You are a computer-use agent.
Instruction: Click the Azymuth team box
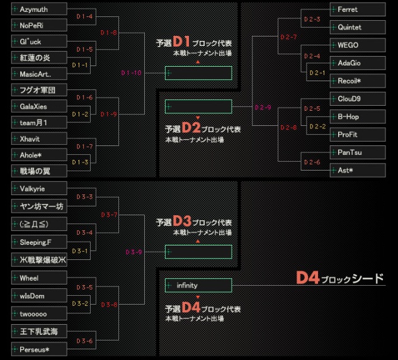point(39,9)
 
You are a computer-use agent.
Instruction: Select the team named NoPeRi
point(39,25)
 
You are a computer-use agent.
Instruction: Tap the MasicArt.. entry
point(39,74)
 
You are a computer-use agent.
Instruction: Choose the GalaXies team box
point(39,106)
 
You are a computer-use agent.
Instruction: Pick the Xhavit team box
point(39,138)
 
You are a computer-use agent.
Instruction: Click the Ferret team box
point(358,9)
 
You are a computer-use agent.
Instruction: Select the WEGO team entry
point(358,45)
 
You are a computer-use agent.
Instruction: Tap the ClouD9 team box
point(358,99)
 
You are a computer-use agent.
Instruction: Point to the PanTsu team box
point(358,152)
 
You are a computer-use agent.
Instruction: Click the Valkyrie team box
point(39,188)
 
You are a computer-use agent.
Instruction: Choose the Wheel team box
point(39,278)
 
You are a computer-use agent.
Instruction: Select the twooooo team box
point(39,313)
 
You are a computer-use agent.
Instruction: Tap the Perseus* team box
point(39,349)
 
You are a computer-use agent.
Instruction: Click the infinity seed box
point(198,285)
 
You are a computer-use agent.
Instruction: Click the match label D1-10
point(131,73)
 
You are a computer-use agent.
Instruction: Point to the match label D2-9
point(263,108)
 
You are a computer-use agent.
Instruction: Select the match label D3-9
point(134,252)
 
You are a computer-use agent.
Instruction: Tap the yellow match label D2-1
point(317,73)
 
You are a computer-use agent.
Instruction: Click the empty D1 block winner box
point(198,73)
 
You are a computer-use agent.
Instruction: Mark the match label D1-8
point(109,33)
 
